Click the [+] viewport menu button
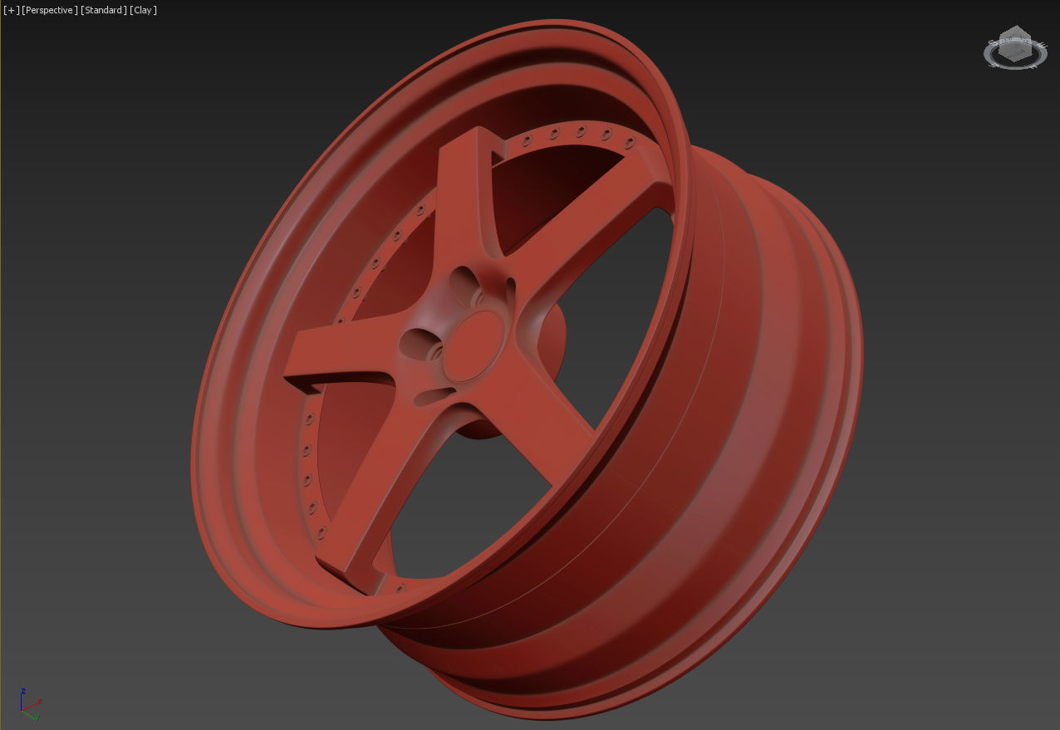pyautogui.click(x=11, y=10)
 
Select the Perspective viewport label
pyautogui.click(x=50, y=10)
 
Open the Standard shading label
pyautogui.click(x=103, y=10)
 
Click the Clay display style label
pyautogui.click(x=144, y=10)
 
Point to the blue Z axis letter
pyautogui.click(x=23, y=691)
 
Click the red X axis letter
pyautogui.click(x=40, y=700)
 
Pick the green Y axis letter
pyautogui.click(x=36, y=717)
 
